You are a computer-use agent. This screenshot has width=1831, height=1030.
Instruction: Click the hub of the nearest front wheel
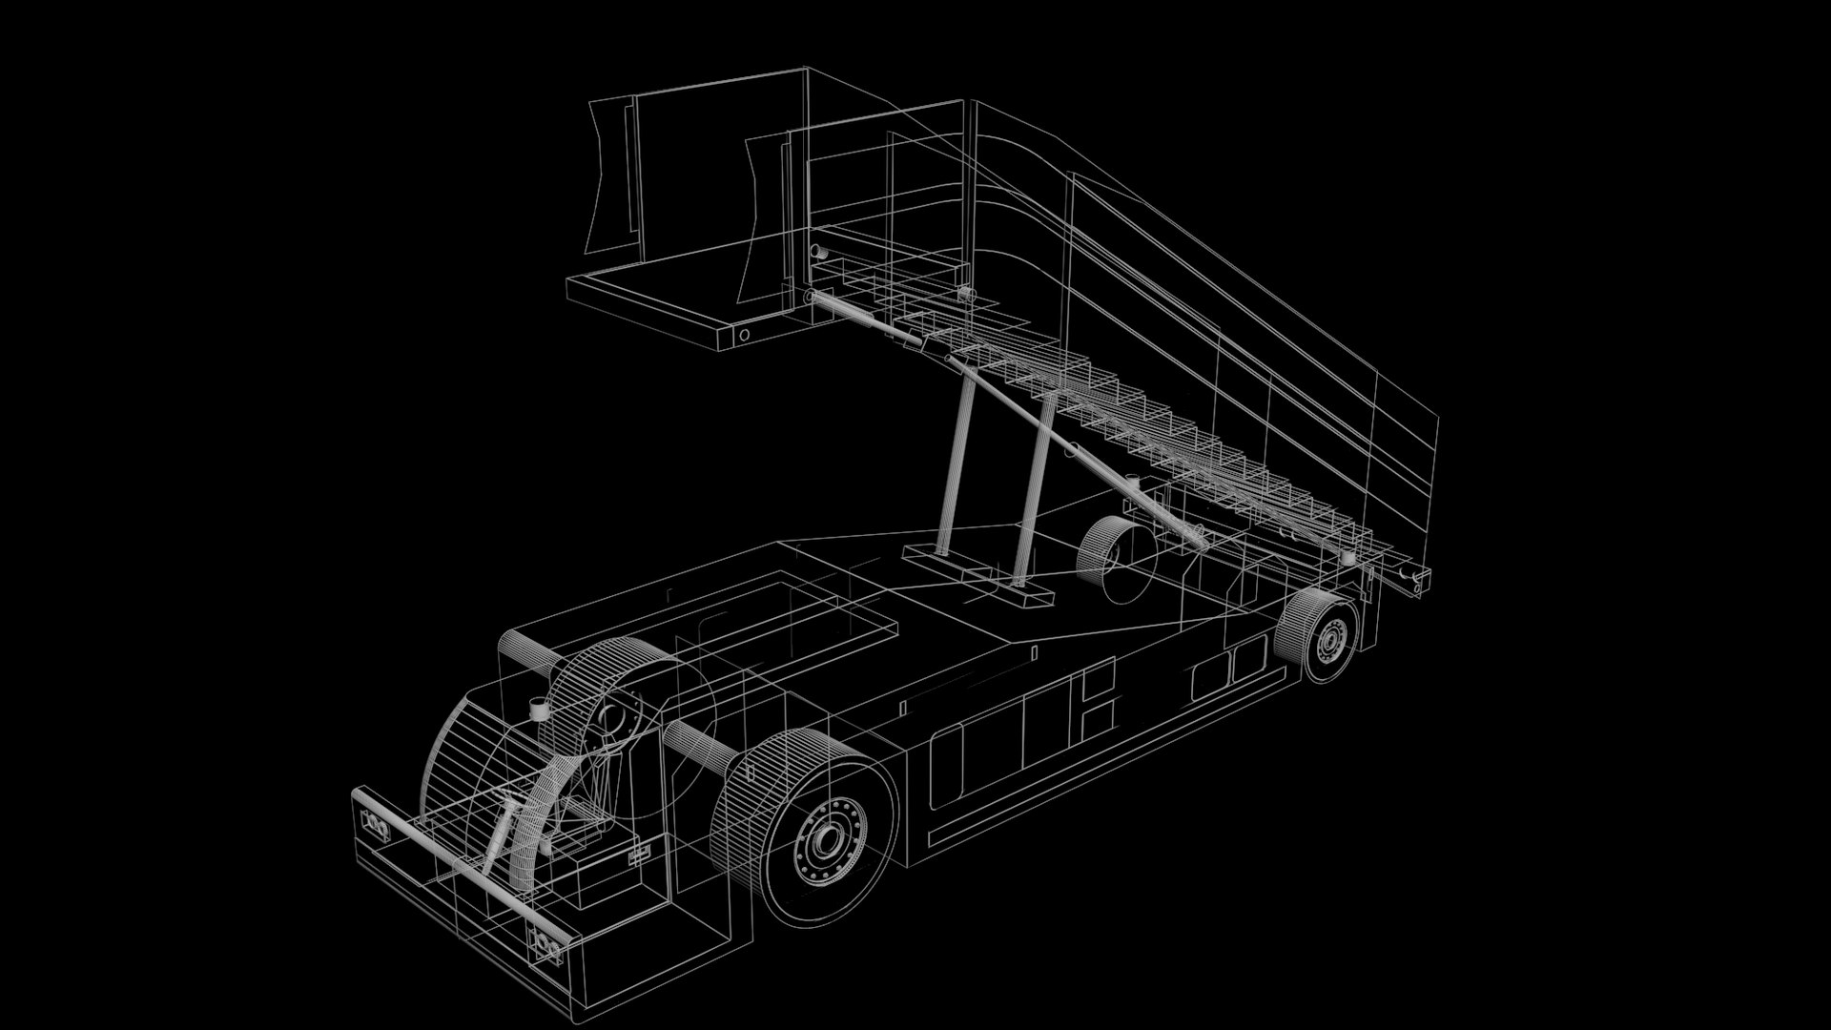coord(825,840)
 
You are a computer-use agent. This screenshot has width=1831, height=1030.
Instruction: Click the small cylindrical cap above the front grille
coord(539,709)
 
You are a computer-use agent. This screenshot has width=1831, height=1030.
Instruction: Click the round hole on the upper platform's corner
coord(745,335)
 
